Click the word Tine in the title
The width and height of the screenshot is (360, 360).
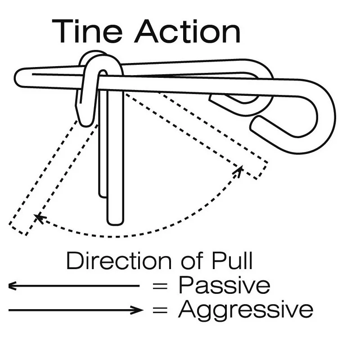pos(87,31)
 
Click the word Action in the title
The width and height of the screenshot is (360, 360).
pos(187,31)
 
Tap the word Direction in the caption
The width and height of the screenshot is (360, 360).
pos(119,261)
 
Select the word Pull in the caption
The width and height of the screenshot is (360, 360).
pos(232,261)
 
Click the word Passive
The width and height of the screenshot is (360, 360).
pos(224,285)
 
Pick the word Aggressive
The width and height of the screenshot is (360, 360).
pos(246,310)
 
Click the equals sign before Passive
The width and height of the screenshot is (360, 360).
pos(160,286)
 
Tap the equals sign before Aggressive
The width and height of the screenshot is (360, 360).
pos(160,310)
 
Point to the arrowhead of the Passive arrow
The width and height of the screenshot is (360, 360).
pos(12,286)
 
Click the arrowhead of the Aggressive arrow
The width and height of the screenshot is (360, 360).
pos(138,310)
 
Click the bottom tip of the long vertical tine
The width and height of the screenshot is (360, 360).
pos(115,224)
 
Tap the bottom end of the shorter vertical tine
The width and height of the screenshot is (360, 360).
pos(103,197)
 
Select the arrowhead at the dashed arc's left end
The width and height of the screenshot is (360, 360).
pos(39,218)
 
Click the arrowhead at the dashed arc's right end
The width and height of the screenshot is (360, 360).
pos(239,170)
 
